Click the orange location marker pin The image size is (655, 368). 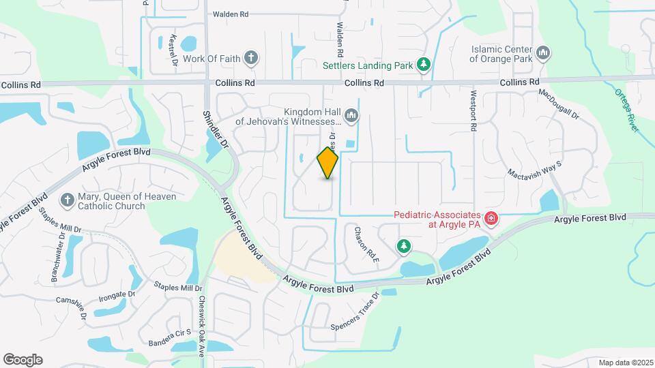327,163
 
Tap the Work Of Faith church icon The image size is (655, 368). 251,58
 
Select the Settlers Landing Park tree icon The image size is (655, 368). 424,65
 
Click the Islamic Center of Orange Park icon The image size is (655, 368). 544,52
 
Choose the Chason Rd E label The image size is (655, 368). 366,245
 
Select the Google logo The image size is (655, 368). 23,360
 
